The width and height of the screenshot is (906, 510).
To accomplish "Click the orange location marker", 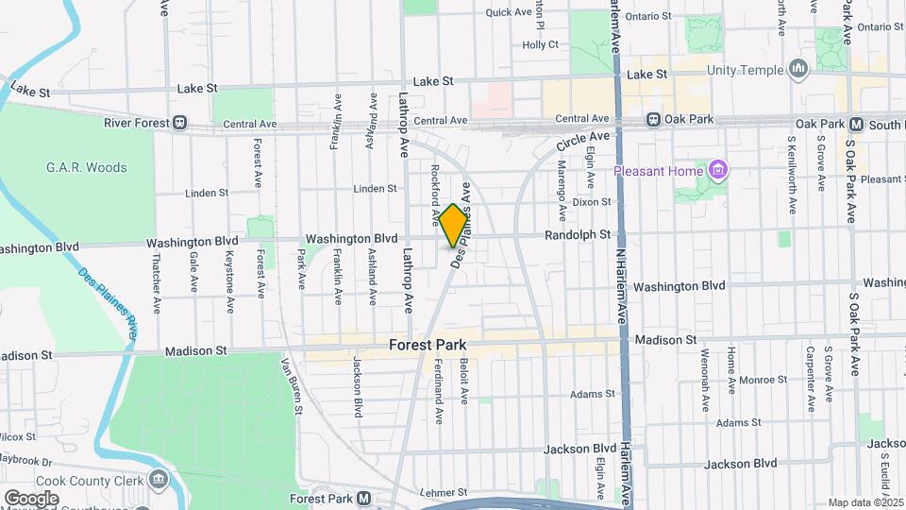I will pos(453,225).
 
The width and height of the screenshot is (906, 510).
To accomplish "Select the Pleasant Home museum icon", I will pos(719,170).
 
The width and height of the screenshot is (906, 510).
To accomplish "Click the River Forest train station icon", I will pos(179,123).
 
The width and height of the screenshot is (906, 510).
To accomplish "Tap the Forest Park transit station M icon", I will pos(363,498).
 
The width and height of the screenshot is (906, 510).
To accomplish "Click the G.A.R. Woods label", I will pos(86,168).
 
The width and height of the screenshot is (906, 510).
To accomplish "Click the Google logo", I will pos(31,498).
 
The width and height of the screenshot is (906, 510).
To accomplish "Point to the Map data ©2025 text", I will pos(864,502).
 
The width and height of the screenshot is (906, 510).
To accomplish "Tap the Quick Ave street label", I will pos(509,12).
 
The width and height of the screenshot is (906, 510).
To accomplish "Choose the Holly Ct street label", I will pos(541,44).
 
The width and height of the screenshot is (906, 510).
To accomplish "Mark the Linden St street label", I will pos(375,189).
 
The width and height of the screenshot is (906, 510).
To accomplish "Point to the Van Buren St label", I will pos(291,385).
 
